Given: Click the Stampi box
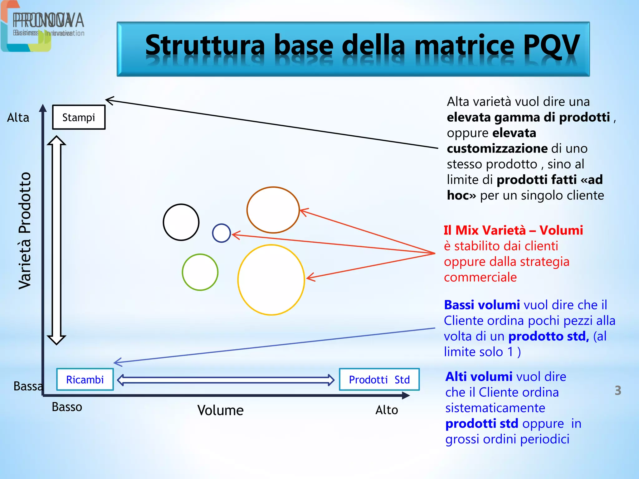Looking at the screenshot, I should coord(79,117).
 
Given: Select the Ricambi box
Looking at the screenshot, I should coord(85,380).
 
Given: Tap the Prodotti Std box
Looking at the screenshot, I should coord(379,380).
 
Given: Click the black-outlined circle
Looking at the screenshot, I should coord(181,222).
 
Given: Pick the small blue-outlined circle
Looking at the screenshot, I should coord(221,233).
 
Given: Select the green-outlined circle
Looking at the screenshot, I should coord(200,272).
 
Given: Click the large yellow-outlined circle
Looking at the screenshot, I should coord(271,280).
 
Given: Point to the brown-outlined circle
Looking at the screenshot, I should coord(273,210).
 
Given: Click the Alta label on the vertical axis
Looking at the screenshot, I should coord(18,118).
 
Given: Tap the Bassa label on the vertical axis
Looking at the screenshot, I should coord(27,386).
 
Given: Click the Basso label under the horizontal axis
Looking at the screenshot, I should coord(67,407).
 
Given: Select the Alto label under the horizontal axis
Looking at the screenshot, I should coord(387,410).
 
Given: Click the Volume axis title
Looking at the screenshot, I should coord(220,410).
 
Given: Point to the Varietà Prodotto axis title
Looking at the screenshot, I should coord(25,231).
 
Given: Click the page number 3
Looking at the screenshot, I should coord(618,390).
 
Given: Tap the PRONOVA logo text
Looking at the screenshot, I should coord(48,21).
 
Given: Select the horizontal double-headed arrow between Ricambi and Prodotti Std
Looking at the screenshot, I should coord(226,380).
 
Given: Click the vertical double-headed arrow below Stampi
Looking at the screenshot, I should coord(56,240).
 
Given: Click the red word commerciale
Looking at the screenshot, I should coord(480,277).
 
